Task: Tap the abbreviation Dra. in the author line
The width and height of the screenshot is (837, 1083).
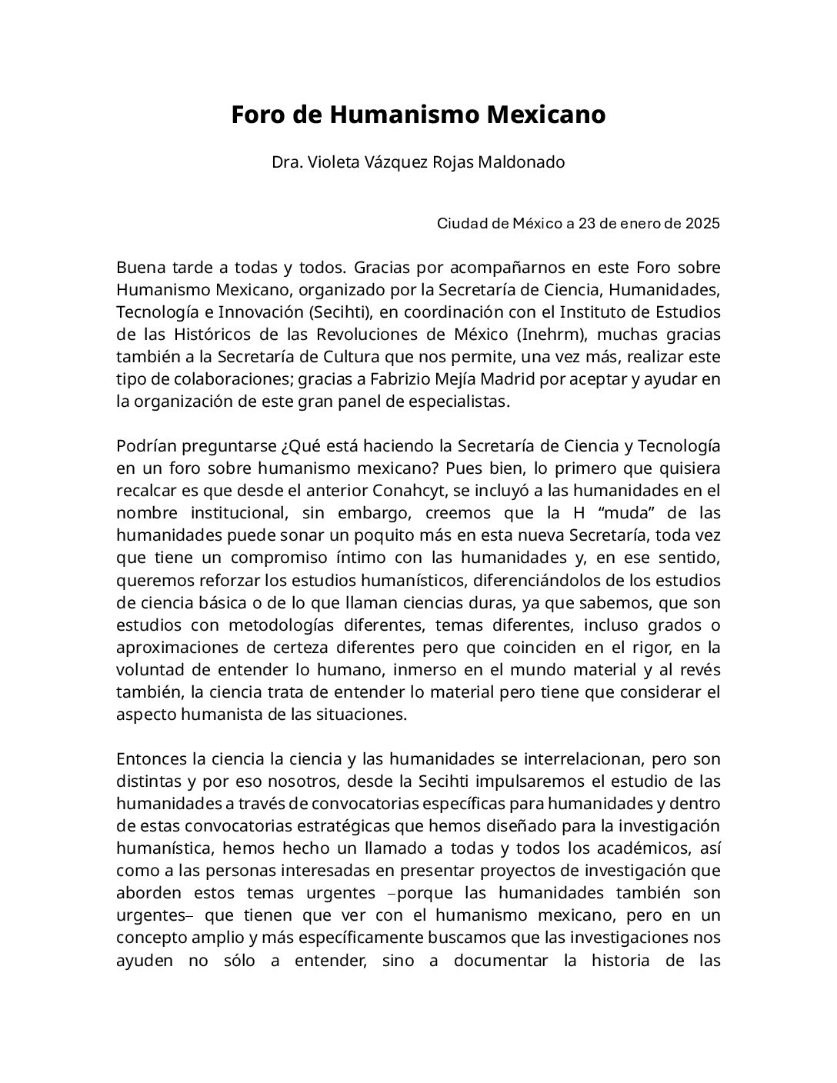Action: [x=286, y=163]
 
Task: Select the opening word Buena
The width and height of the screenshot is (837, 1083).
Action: [x=138, y=268]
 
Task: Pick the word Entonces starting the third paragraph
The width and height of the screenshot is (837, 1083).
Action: [x=150, y=759]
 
